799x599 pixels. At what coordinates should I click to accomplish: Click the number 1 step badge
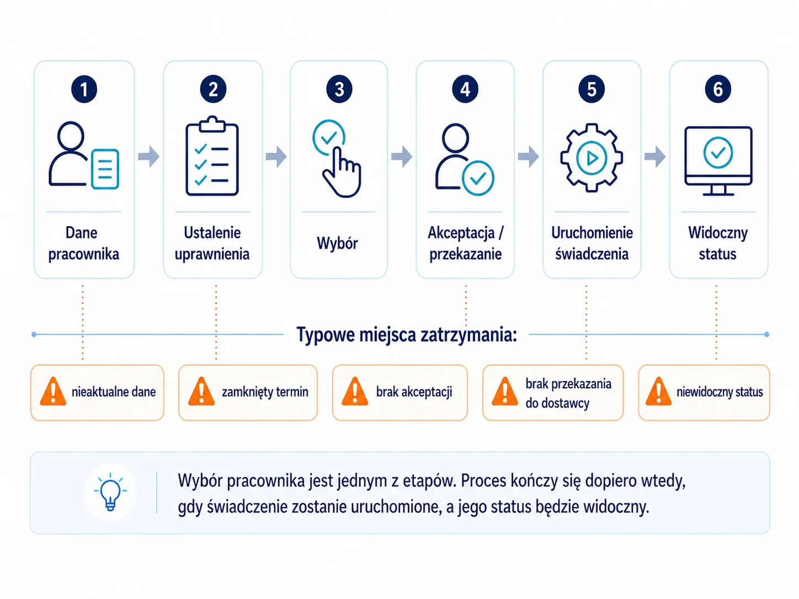[84, 89]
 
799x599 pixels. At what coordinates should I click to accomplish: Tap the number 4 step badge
[465, 89]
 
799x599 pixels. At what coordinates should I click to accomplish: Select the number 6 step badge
[718, 89]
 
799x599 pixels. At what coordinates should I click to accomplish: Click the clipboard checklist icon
[212, 156]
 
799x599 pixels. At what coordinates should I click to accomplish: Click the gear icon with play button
[592, 158]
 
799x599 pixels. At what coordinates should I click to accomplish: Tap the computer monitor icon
[718, 161]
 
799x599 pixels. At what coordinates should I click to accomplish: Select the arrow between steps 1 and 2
[149, 157]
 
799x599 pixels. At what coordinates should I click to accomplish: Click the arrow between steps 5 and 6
[655, 157]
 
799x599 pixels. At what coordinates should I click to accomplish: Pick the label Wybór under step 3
[338, 243]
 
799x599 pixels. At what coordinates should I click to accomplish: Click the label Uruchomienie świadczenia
[592, 243]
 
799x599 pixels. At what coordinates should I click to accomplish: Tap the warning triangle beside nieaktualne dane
[53, 391]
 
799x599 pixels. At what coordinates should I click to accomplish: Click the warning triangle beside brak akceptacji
[355, 391]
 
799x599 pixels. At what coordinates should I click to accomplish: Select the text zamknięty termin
[265, 392]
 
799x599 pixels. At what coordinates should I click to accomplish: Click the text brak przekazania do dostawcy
[568, 393]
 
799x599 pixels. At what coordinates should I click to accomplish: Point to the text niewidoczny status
[720, 392]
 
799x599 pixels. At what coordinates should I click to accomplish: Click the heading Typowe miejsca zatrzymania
[407, 335]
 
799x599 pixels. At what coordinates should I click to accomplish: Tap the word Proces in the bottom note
[483, 481]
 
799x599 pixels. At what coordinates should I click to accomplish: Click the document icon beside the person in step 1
[105, 169]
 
